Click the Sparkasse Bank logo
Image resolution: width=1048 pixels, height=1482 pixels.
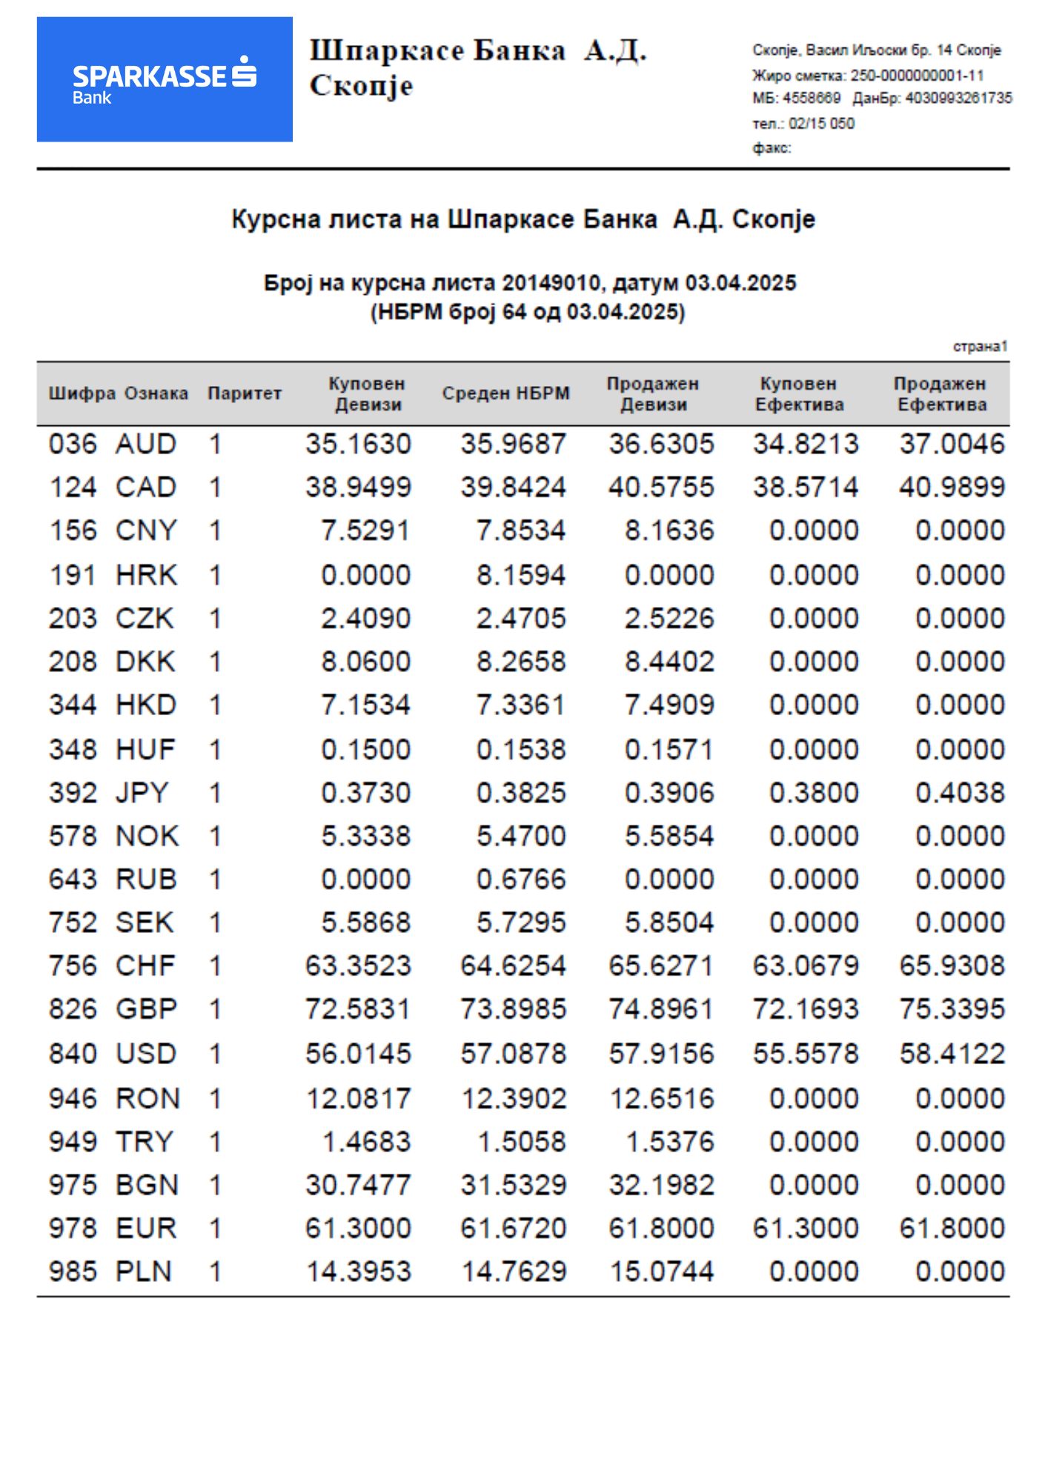[x=165, y=79]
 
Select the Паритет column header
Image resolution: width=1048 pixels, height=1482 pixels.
[x=244, y=393]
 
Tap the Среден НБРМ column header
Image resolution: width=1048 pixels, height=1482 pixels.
[x=505, y=393]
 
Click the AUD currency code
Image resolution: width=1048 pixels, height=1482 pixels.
[x=146, y=444]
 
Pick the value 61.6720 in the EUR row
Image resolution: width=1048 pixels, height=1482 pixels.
[x=513, y=1229]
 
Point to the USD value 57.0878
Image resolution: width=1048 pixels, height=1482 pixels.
[x=513, y=1054]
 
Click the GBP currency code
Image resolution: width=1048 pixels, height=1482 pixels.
[x=146, y=1009]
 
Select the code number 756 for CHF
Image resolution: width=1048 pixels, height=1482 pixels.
[x=73, y=966]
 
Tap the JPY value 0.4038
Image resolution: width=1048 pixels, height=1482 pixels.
[x=959, y=793]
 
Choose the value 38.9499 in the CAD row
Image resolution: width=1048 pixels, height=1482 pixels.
[x=358, y=488]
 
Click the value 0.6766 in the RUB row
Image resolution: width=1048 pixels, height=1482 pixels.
[x=520, y=880]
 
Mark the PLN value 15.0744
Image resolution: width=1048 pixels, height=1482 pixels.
[x=661, y=1272]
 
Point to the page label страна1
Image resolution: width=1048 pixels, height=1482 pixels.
[x=980, y=347]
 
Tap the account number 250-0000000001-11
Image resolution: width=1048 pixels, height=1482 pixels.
[x=917, y=76]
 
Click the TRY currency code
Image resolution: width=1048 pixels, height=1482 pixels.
[x=144, y=1142]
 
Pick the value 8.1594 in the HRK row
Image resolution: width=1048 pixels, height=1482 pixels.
[x=520, y=575]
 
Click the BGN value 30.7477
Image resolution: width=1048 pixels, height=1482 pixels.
[x=358, y=1185]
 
